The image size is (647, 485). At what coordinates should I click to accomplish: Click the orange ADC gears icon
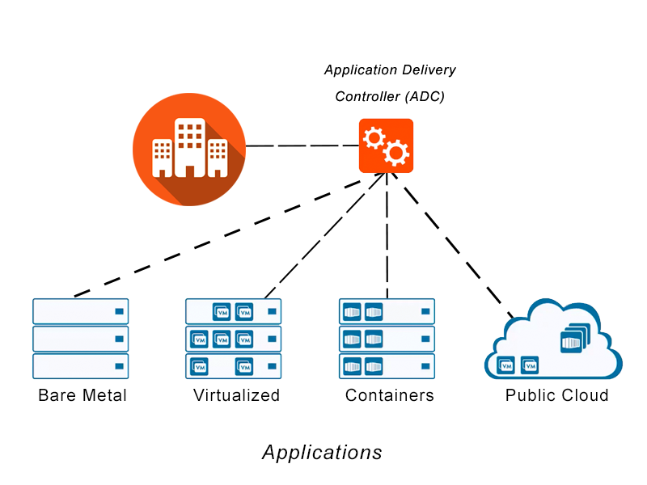click(x=386, y=146)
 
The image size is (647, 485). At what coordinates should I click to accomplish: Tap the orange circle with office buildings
click(x=189, y=149)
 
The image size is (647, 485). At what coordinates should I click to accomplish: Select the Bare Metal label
click(x=82, y=395)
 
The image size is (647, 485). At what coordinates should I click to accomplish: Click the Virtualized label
click(x=236, y=395)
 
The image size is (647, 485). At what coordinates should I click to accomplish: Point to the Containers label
click(x=389, y=395)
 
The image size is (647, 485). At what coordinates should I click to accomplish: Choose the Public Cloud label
click(x=556, y=395)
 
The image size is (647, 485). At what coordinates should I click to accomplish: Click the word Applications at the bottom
click(x=322, y=452)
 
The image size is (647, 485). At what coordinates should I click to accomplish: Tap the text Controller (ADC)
click(x=390, y=96)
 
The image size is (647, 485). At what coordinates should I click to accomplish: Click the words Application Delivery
click(x=390, y=70)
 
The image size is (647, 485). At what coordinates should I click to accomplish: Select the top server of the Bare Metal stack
click(x=81, y=311)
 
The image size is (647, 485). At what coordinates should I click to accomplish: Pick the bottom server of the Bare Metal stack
click(x=81, y=366)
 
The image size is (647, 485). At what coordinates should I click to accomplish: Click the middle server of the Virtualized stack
click(x=234, y=339)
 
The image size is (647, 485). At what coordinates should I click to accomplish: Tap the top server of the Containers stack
click(x=387, y=311)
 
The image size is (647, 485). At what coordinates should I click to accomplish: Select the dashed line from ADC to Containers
click(x=387, y=234)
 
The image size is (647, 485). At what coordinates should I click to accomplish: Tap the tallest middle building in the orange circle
click(x=189, y=145)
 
